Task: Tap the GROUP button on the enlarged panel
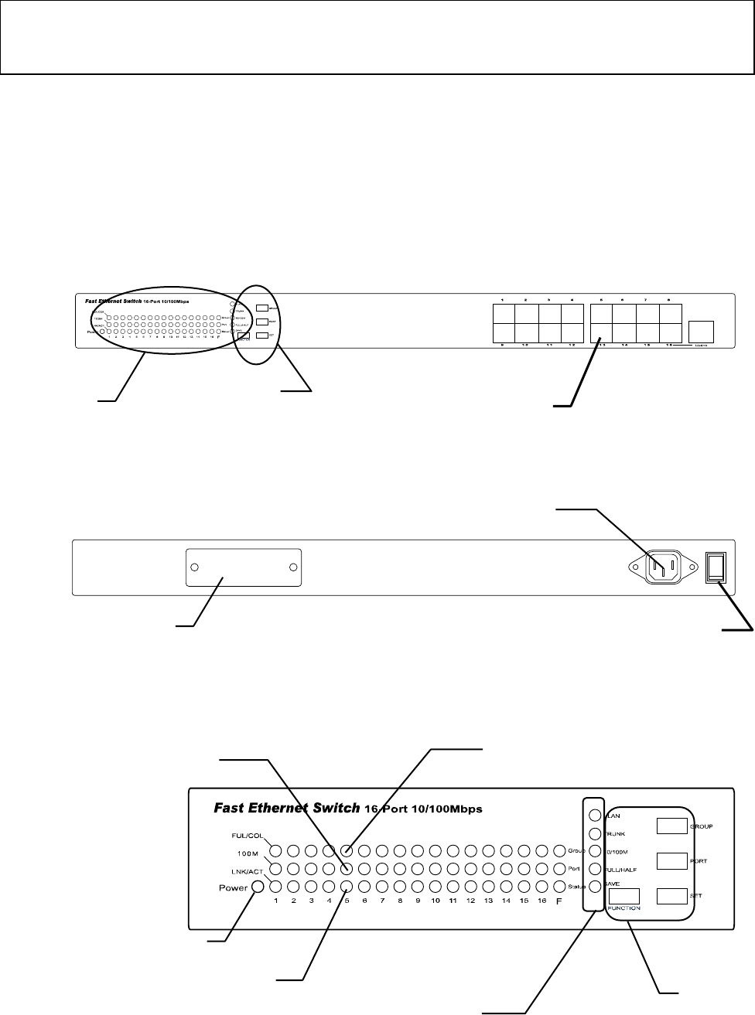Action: click(671, 826)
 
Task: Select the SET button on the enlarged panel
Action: click(671, 896)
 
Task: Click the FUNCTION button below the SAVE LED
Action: click(623, 896)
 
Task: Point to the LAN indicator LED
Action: click(595, 816)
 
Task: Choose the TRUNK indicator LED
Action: click(595, 834)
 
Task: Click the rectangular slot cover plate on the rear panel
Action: click(244, 567)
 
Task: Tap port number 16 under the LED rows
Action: click(541, 901)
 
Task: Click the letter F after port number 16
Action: click(559, 901)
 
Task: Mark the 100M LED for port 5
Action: click(347, 869)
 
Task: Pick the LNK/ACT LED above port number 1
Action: click(275, 886)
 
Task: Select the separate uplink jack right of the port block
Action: click(701, 331)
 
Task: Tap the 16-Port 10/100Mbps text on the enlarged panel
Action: click(423, 809)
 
